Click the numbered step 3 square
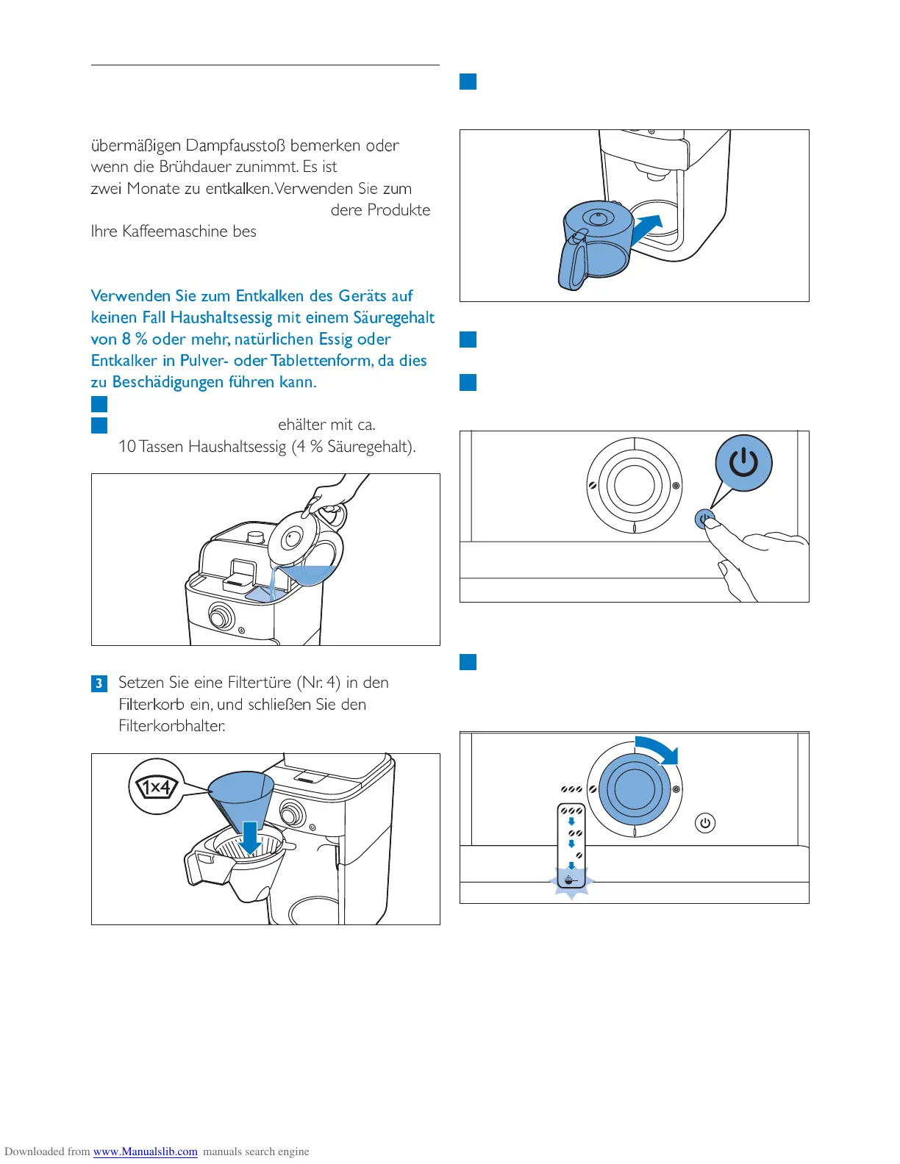pos(99,683)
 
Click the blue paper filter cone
pos(240,795)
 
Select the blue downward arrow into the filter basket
pos(251,838)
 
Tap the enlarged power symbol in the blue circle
pos(743,463)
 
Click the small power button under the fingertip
pos(704,520)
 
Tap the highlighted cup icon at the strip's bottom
pos(571,878)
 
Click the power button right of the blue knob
pos(705,823)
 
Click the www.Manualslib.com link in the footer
pos(146,1152)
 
